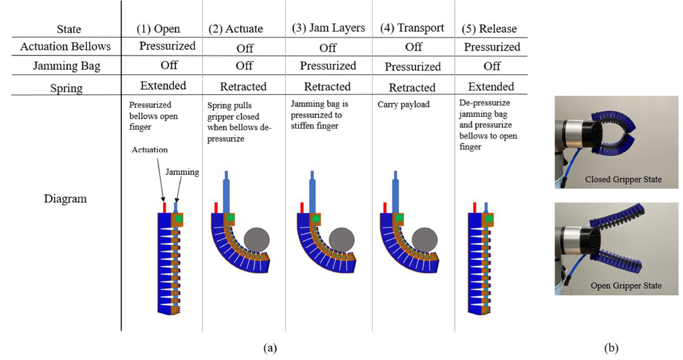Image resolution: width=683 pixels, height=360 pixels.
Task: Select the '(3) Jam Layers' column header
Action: point(328,28)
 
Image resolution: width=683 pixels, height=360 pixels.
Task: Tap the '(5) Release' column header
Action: point(491,29)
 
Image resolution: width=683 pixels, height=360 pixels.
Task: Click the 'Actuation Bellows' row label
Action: point(65,47)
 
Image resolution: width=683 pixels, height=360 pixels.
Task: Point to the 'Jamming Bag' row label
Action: point(65,66)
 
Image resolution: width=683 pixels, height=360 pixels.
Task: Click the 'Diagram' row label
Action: point(65,199)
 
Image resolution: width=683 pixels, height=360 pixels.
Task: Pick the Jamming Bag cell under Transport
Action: point(412,67)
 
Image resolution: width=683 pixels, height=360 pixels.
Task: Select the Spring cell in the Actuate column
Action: point(244,87)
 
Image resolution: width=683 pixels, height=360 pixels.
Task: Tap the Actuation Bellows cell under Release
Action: point(492,47)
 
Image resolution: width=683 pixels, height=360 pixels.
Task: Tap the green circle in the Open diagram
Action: point(179,219)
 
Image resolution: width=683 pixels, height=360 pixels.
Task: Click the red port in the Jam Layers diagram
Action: point(301,207)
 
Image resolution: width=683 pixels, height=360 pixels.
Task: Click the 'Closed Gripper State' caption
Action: point(616,179)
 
